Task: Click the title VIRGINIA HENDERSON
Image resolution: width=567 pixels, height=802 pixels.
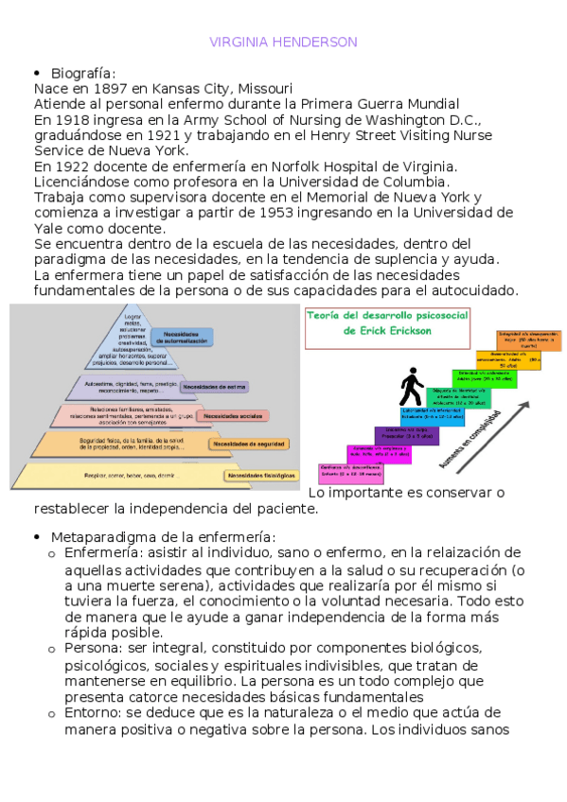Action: tap(283, 43)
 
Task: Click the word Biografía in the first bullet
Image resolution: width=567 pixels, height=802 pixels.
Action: tap(81, 74)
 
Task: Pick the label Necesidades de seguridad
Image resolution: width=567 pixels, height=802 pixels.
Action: tap(245, 444)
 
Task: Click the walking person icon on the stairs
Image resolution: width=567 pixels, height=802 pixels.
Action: tap(411, 385)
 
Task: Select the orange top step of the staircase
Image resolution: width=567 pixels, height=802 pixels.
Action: tap(528, 340)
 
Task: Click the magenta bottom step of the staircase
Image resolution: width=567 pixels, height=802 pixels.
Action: tap(347, 471)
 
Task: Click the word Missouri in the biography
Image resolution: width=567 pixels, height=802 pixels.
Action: tap(263, 89)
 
